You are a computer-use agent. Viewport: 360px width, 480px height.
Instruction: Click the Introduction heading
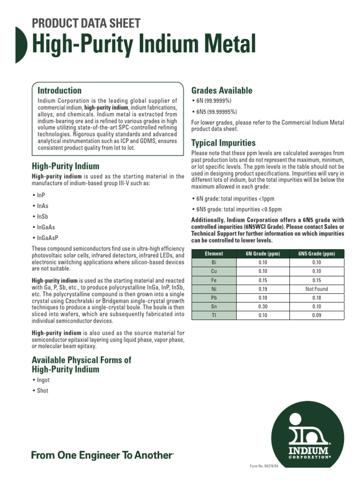click(60, 90)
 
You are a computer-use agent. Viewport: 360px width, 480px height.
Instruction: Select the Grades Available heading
click(222, 90)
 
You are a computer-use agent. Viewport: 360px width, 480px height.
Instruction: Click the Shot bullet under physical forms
click(43, 390)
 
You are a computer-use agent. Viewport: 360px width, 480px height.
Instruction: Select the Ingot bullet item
click(43, 380)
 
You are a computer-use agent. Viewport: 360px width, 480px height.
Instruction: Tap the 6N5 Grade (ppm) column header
click(316, 254)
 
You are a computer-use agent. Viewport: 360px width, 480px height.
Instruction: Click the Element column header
click(214, 254)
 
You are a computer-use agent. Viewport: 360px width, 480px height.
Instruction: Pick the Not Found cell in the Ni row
click(316, 289)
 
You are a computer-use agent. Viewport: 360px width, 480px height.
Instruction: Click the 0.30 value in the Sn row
click(262, 307)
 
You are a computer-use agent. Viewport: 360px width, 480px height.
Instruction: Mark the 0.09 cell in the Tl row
click(316, 316)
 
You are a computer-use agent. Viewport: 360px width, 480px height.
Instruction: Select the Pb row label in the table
click(214, 298)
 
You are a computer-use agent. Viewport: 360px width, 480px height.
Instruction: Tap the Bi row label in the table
click(214, 262)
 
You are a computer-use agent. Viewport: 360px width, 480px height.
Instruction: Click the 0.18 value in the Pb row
click(316, 298)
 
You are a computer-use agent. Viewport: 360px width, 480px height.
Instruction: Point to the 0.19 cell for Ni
click(262, 289)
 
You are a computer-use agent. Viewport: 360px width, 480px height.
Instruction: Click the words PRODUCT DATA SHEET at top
click(86, 23)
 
